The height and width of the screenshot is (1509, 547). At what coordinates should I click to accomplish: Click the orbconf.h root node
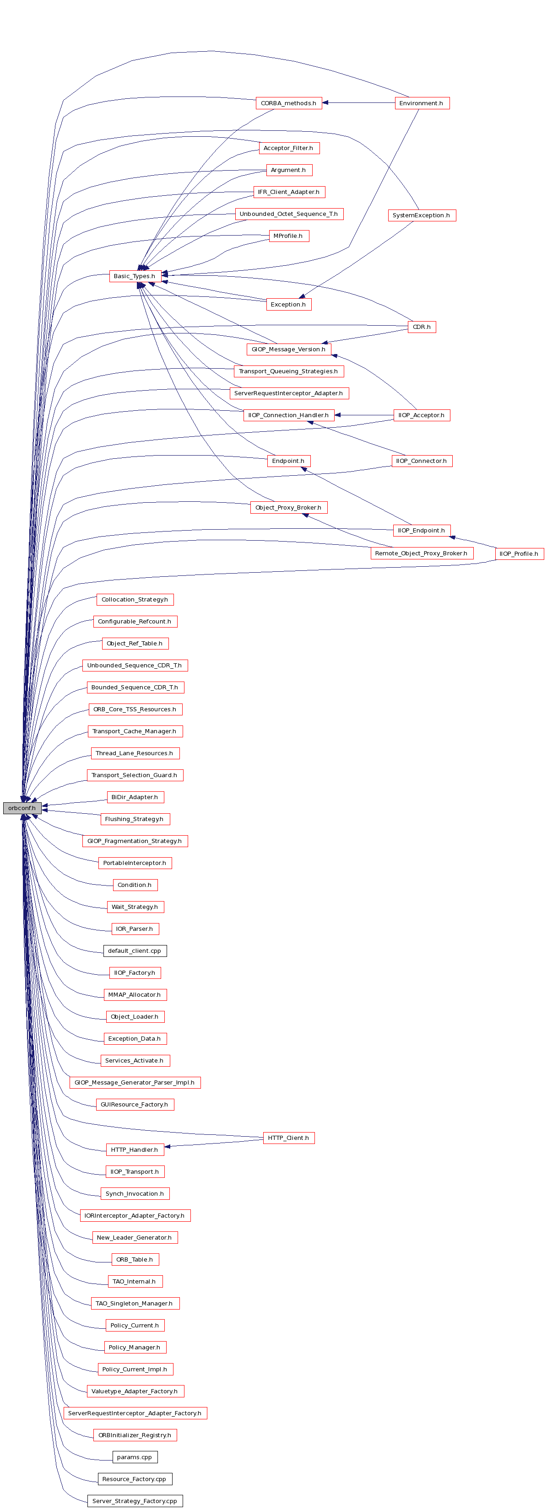(22, 808)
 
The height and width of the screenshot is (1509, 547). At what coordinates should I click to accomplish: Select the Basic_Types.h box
(135, 276)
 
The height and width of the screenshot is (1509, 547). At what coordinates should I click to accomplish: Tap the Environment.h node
(422, 103)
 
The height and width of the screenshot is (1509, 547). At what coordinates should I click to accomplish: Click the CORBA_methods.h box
(288, 103)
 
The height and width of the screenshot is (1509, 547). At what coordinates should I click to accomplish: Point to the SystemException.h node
(422, 215)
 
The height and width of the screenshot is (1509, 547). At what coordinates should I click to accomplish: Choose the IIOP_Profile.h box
(519, 553)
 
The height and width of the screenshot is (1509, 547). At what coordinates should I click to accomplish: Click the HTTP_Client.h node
(288, 1138)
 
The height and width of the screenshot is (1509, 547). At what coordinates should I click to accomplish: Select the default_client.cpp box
(135, 951)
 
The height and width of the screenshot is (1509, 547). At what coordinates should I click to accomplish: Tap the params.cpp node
(135, 1457)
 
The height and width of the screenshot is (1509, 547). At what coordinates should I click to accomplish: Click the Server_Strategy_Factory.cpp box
(135, 1501)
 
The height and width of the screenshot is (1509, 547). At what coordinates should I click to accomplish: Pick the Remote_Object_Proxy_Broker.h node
(422, 553)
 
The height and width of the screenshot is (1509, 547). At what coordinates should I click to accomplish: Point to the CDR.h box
(422, 327)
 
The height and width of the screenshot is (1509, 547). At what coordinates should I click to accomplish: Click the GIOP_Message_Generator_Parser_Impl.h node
(135, 1083)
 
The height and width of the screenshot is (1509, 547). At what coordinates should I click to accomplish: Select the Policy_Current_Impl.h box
(135, 1369)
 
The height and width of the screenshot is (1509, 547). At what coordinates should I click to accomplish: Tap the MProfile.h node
(288, 236)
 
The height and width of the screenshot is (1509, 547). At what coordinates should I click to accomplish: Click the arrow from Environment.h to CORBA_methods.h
(358, 103)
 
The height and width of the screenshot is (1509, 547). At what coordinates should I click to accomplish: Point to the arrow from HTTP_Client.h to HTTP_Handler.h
(213, 1143)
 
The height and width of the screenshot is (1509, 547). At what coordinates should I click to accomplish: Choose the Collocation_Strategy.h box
(135, 599)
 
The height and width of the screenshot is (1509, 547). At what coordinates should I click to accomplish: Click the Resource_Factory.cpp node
(135, 1479)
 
